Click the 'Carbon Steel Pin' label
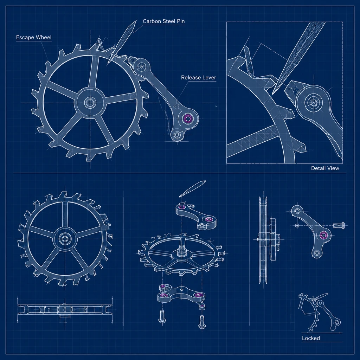tap(164, 21)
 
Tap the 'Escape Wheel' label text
tap(34, 37)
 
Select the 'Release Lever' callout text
tap(199, 78)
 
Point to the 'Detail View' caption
tap(325, 168)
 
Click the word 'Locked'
tap(311, 338)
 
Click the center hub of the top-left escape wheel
tap(90, 102)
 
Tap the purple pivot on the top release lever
tap(188, 119)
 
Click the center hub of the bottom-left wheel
tap(65, 239)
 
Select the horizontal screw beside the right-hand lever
tap(339, 225)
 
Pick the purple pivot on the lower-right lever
tap(324, 235)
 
